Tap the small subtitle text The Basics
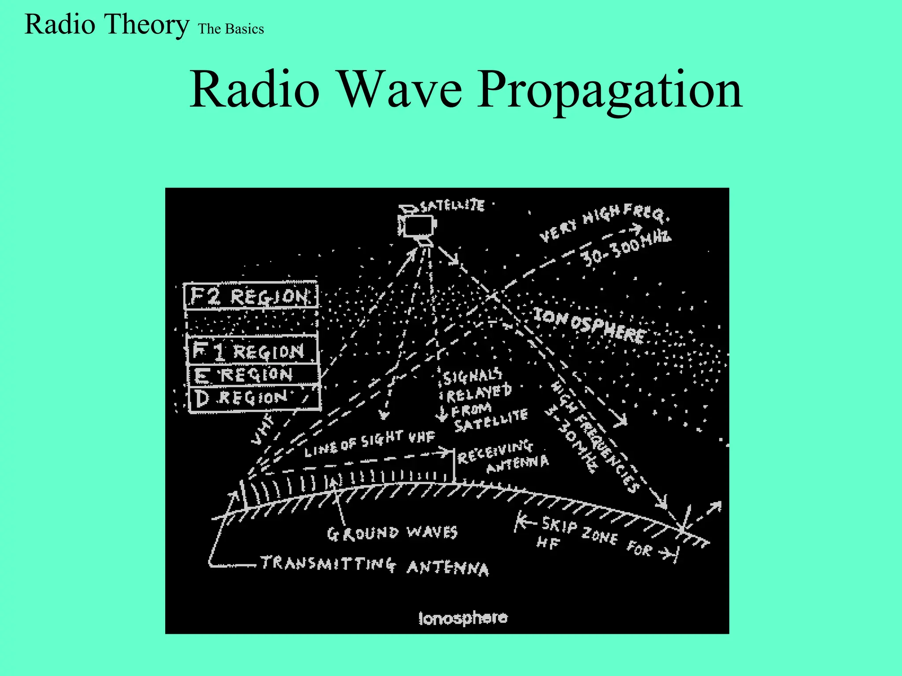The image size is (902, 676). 231,29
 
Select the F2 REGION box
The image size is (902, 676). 250,296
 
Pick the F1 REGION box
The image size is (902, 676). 252,350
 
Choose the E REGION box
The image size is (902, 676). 253,375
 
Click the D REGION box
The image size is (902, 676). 254,398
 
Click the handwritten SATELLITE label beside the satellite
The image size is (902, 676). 452,206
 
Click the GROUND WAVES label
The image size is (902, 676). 392,533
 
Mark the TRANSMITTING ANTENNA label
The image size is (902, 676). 374,565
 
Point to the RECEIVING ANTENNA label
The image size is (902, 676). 502,458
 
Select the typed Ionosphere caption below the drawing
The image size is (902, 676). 463,618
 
